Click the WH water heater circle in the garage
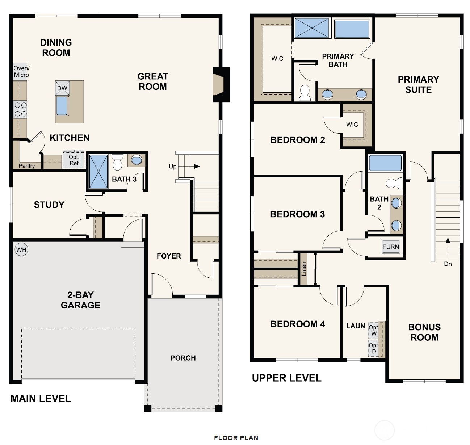pyautogui.click(x=21, y=249)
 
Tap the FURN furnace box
pyautogui.click(x=391, y=247)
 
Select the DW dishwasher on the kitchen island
pyautogui.click(x=62, y=88)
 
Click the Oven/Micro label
pyautogui.click(x=21, y=71)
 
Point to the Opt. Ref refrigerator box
pyautogui.click(x=74, y=159)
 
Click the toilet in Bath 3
pyautogui.click(x=117, y=162)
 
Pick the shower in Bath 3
pyautogui.click(x=98, y=172)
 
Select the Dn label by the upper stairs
pyautogui.click(x=448, y=264)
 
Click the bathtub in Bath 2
pyautogui.click(x=385, y=163)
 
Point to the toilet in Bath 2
pyautogui.click(x=394, y=183)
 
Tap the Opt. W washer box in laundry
pyautogui.click(x=373, y=330)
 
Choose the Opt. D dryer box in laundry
pyautogui.click(x=373, y=348)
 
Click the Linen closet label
pyautogui.click(x=303, y=269)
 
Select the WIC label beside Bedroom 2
pyautogui.click(x=352, y=124)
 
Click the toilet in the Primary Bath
pyautogui.click(x=305, y=93)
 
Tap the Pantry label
pyautogui.click(x=27, y=166)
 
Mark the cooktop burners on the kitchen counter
pyautogui.click(x=20, y=109)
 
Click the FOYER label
pyautogui.click(x=169, y=256)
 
